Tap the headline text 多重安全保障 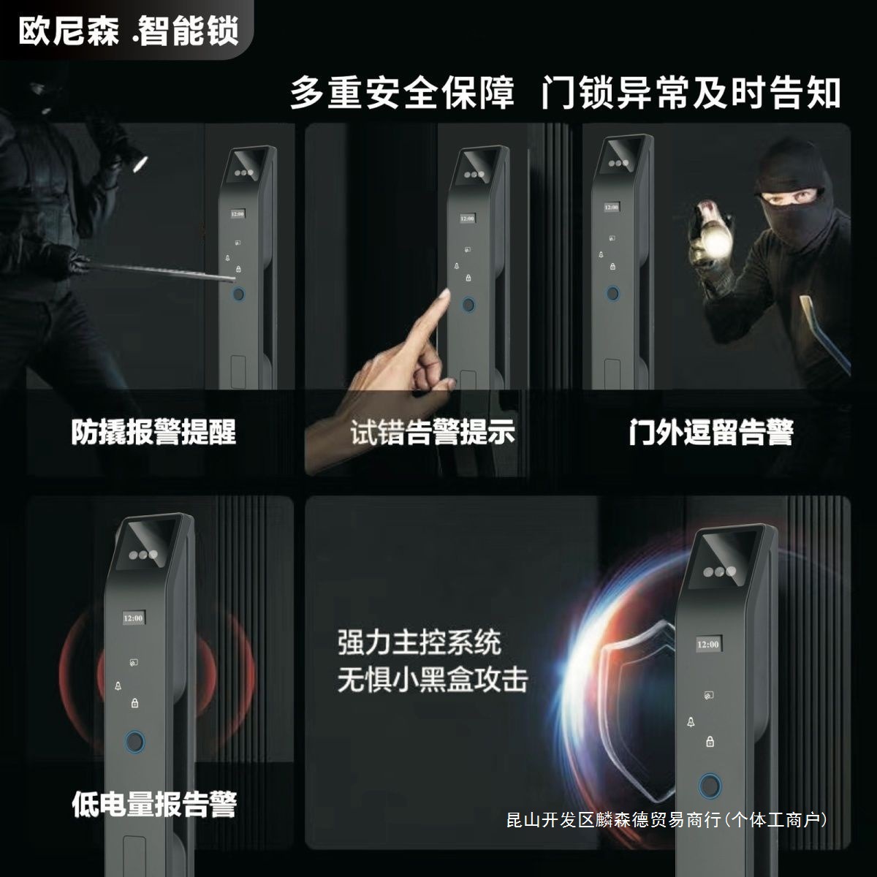pyautogui.click(x=402, y=94)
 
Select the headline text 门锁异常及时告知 pyautogui.click(x=691, y=94)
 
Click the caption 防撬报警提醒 pyautogui.click(x=154, y=432)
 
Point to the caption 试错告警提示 pyautogui.click(x=433, y=432)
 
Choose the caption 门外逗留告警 pyautogui.click(x=711, y=432)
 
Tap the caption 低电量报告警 pyautogui.click(x=154, y=804)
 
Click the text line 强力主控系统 pyautogui.click(x=419, y=643)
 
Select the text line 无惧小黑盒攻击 pyautogui.click(x=432, y=680)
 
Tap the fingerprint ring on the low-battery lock pyautogui.click(x=134, y=742)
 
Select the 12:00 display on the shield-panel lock pyautogui.click(x=708, y=645)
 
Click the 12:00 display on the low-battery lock pyautogui.click(x=133, y=618)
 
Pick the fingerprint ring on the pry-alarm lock pyautogui.click(x=238, y=295)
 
